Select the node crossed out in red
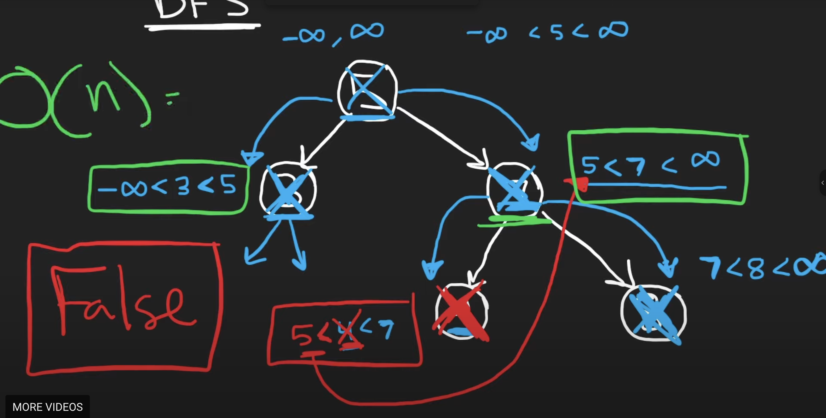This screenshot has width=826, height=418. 461,311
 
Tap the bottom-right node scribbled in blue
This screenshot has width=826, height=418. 654,313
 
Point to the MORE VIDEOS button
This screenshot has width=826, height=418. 47,407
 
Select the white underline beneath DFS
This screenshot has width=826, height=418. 202,27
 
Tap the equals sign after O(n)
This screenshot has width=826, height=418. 172,98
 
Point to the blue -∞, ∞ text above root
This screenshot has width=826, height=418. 334,34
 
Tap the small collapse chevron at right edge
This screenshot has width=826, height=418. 823,183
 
